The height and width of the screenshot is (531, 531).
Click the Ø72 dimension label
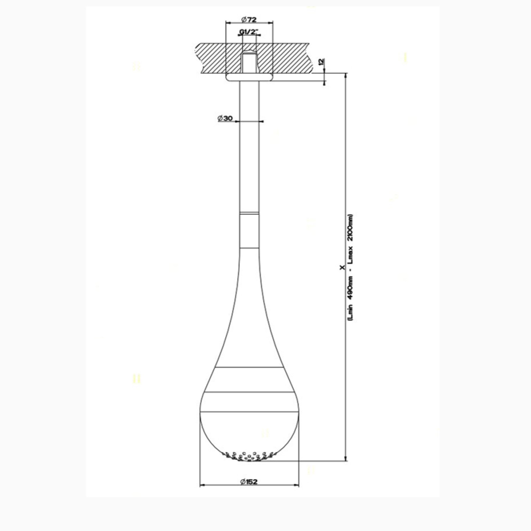pyautogui.click(x=249, y=19)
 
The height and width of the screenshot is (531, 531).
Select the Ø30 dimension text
pyautogui.click(x=225, y=118)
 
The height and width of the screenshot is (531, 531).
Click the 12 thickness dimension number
pyautogui.click(x=321, y=62)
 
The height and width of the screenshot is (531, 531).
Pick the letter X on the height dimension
pyautogui.click(x=342, y=268)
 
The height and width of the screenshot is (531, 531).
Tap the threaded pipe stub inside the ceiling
pyautogui.click(x=249, y=62)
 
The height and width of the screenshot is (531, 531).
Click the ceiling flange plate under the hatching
pyautogui.click(x=249, y=77)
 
